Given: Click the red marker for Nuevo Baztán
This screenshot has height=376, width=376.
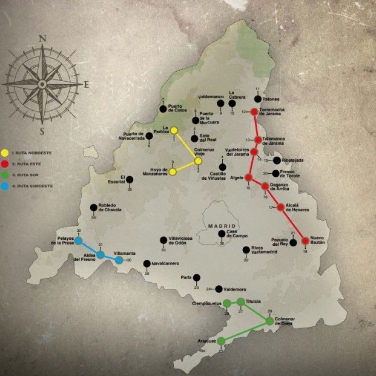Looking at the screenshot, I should (x=305, y=241).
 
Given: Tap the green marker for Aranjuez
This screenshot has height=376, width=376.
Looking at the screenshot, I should (x=221, y=341).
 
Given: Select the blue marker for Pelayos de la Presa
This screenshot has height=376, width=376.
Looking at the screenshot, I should (x=78, y=240).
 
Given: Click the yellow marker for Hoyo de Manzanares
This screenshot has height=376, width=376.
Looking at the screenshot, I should (x=173, y=172).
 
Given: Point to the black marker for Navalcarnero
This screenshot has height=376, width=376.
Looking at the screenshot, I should (x=147, y=263).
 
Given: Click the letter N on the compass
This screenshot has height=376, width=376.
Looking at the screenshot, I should (x=42, y=38).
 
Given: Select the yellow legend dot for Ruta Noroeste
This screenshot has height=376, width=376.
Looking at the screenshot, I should (x=5, y=153).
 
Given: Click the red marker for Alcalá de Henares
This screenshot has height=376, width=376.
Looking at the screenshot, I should (x=280, y=208).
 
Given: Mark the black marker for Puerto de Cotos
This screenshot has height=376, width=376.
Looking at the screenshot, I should (x=162, y=108).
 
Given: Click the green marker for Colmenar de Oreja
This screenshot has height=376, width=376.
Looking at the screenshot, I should (x=270, y=322).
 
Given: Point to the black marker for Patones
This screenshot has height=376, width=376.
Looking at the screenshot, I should (x=258, y=98).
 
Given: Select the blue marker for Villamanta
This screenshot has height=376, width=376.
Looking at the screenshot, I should (x=119, y=260).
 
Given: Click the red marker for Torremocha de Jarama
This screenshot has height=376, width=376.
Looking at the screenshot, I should (x=254, y=111).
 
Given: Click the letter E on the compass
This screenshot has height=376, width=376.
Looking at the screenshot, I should (x=86, y=85).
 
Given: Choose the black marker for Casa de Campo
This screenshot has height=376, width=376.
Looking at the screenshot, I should (x=222, y=233).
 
